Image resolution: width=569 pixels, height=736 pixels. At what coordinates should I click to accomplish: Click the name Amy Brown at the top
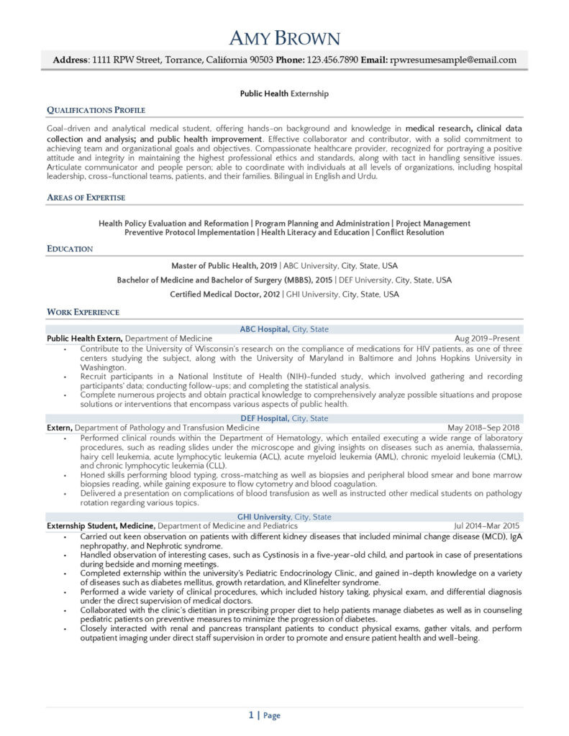[284, 37]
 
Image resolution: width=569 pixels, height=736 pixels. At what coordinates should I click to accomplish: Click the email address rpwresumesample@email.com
[452, 60]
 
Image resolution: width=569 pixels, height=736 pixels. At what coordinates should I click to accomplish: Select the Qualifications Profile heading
[96, 110]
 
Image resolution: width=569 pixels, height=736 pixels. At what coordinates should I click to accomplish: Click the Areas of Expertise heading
[86, 197]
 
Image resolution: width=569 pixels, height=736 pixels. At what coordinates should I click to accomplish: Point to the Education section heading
[70, 249]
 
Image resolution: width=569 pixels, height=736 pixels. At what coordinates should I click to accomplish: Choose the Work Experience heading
[83, 312]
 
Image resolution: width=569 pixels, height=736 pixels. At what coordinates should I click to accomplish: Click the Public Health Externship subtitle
[284, 93]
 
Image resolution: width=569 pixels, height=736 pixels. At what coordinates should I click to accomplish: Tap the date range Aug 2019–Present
[487, 338]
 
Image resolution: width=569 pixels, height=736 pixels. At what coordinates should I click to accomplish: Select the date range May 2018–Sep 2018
[484, 428]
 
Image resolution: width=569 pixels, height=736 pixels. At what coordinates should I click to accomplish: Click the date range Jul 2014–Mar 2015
[487, 526]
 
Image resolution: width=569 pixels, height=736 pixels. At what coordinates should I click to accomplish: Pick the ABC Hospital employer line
[284, 329]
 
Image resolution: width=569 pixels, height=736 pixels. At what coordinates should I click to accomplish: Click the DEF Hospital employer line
[284, 418]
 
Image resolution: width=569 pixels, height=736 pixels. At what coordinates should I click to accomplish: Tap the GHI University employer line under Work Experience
[284, 517]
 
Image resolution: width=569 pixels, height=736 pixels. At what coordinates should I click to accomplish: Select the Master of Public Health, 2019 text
[224, 265]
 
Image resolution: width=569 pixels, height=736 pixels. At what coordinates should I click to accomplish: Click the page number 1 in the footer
[251, 715]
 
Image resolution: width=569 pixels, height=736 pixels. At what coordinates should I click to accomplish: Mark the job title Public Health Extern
[85, 338]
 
